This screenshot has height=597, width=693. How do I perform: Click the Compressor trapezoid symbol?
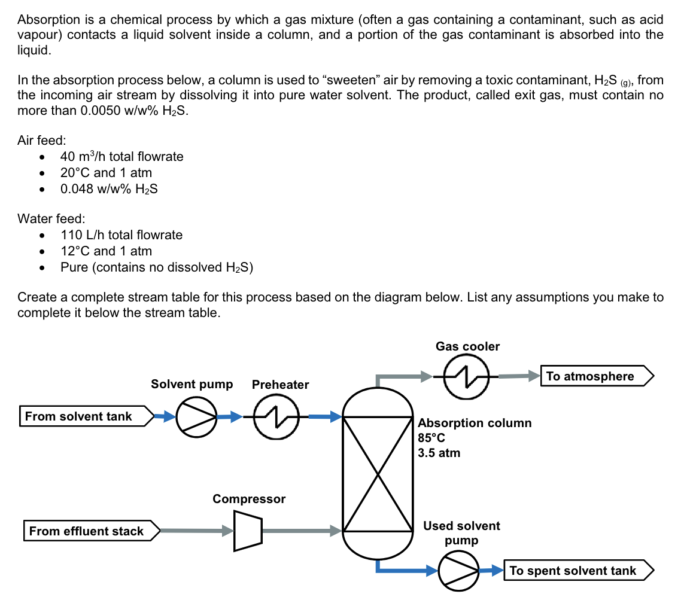click(247, 530)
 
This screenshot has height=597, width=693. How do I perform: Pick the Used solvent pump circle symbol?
click(459, 571)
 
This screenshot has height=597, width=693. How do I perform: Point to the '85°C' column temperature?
click(431, 438)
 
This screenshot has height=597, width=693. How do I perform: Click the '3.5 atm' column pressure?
click(439, 453)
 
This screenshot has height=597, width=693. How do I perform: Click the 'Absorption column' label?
click(475, 423)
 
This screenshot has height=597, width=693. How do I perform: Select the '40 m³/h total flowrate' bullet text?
click(122, 157)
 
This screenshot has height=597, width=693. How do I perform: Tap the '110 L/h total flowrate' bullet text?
click(121, 235)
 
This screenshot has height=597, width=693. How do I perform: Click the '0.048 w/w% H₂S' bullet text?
click(109, 189)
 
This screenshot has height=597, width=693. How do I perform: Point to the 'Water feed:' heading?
click(51, 219)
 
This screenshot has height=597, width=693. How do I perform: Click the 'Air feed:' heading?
click(42, 141)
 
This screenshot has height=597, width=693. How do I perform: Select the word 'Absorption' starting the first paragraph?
click(45, 19)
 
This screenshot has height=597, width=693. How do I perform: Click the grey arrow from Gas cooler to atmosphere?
click(518, 376)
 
